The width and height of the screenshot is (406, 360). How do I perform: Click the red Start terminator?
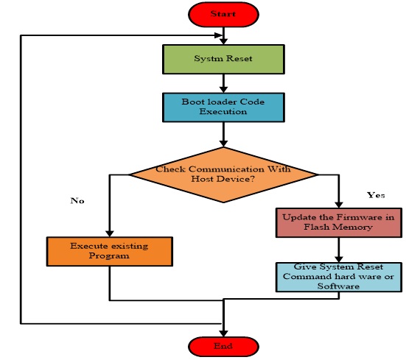pos(223,13)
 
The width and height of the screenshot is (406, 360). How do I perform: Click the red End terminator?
pos(223,345)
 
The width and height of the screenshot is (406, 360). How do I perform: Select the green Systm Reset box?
pos(223,59)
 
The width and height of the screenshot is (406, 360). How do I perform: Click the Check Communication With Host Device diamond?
pos(223,174)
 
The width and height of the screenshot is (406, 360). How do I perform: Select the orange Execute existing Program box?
pos(109,251)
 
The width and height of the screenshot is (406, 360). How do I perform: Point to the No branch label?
pos(76,200)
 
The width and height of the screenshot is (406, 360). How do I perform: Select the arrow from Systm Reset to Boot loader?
pos(223,82)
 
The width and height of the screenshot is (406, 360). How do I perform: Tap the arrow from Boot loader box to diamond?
pos(223,135)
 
